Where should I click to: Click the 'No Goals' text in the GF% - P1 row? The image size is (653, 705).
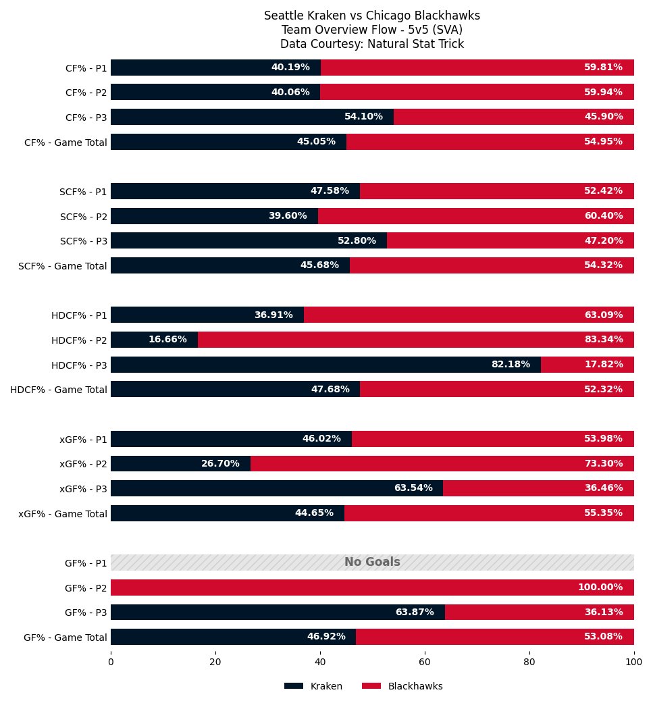pos(372,562)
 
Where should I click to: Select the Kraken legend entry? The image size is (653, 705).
pos(313,686)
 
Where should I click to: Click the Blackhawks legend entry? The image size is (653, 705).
pos(402,686)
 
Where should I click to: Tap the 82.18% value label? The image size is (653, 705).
pos(511,365)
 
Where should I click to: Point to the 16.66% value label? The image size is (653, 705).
pos(167,340)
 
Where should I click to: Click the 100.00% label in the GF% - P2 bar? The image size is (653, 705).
pos(600,587)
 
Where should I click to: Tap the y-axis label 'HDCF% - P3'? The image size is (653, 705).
pos(79,365)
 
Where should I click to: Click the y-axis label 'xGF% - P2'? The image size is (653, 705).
pos(83,464)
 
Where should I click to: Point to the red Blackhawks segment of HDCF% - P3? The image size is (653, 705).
pos(587,365)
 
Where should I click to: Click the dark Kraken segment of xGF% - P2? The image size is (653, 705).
pos(180,464)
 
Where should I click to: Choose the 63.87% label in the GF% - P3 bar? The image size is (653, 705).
pos(415,612)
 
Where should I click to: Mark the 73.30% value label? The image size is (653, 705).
pos(603,464)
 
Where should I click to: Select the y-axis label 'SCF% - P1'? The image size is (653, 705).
pos(83,192)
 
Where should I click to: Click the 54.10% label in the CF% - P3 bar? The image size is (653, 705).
pos(363,117)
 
